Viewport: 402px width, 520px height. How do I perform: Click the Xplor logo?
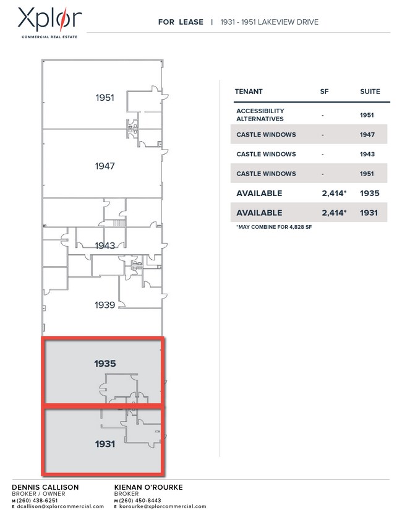[x=49, y=22]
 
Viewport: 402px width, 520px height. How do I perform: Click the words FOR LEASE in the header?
[x=181, y=22]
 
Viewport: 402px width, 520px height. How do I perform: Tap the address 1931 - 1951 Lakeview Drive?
[x=269, y=22]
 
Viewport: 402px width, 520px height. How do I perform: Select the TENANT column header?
[x=249, y=92]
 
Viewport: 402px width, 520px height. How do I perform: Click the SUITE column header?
[x=370, y=92]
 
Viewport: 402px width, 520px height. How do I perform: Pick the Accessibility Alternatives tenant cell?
[x=260, y=115]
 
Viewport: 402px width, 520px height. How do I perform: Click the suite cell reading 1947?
[x=367, y=135]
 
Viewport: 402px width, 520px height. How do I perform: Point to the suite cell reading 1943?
[x=367, y=154]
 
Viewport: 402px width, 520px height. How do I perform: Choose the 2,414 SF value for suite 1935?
[x=334, y=194]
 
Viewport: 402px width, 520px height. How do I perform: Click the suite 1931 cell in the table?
[x=369, y=213]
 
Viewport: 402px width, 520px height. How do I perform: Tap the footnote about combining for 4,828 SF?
[x=274, y=227]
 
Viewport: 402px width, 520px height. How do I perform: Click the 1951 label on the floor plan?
[x=105, y=98]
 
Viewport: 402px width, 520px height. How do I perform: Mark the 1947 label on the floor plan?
[x=105, y=166]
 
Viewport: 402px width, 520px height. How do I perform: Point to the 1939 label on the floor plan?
[x=105, y=305]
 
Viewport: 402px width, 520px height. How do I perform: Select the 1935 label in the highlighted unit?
[x=105, y=364]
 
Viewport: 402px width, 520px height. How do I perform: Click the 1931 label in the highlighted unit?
[x=105, y=444]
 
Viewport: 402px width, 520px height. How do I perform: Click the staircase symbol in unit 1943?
[x=119, y=223]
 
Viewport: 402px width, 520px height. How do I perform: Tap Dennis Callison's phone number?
[x=37, y=500]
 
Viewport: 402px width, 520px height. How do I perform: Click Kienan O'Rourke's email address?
[x=163, y=506]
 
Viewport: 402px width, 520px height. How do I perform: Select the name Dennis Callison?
[x=45, y=487]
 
